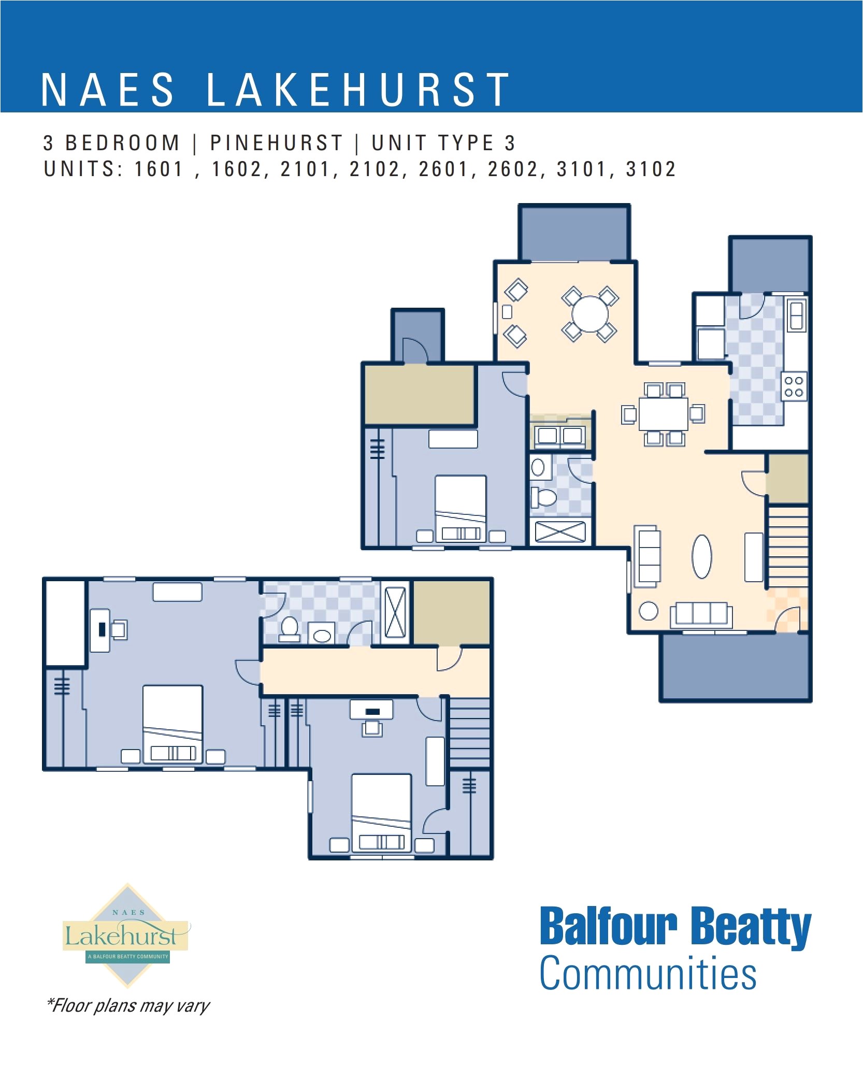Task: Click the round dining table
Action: click(x=589, y=313)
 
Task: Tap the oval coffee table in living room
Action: click(x=701, y=556)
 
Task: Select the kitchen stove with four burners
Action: click(x=794, y=386)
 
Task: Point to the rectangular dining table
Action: click(x=663, y=414)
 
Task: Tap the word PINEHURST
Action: click(x=276, y=143)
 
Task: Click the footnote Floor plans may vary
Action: click(x=128, y=1005)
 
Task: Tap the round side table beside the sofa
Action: click(x=648, y=611)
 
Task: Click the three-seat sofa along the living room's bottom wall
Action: click(x=701, y=615)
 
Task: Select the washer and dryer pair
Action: click(x=559, y=436)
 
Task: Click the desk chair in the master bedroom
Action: click(x=120, y=629)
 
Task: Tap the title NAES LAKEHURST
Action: click(x=275, y=90)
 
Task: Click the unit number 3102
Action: click(x=651, y=169)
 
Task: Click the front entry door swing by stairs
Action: click(x=788, y=620)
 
